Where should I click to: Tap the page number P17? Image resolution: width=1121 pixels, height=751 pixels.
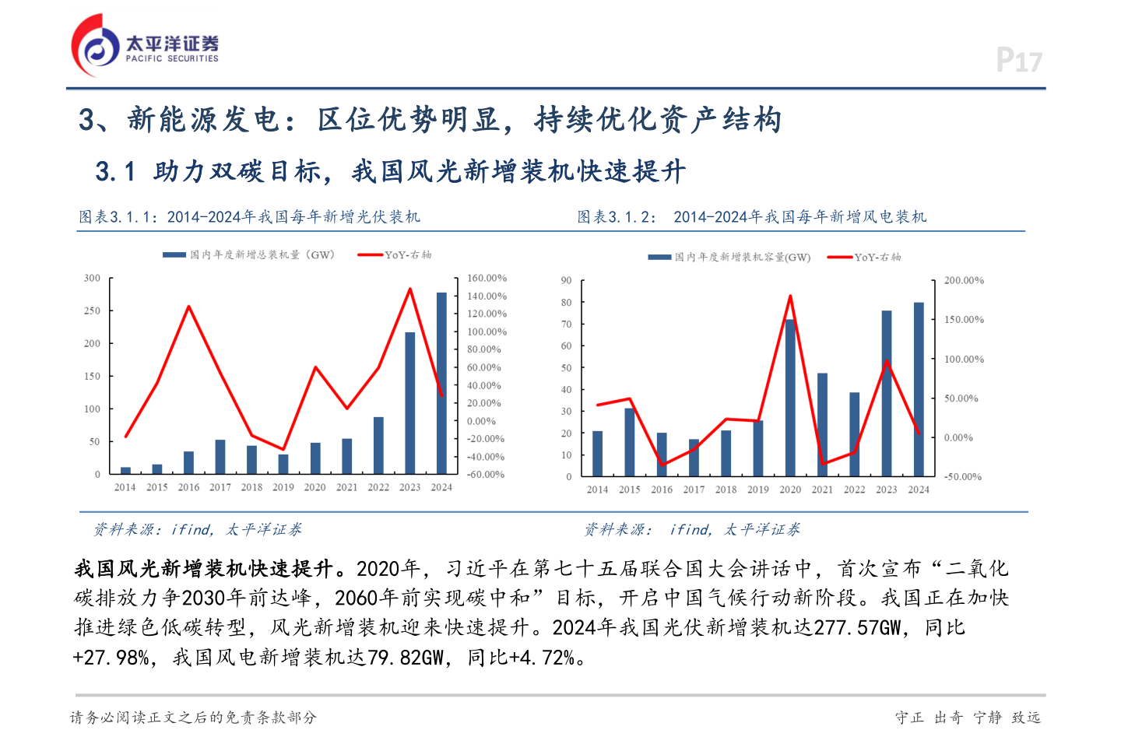(1018, 60)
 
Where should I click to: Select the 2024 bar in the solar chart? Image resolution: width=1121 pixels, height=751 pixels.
(441, 383)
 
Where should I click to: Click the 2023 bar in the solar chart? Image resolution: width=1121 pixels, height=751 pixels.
(409, 403)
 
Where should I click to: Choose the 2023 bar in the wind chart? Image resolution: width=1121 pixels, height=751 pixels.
(887, 393)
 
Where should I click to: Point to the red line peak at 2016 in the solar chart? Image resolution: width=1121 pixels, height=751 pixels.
(188, 307)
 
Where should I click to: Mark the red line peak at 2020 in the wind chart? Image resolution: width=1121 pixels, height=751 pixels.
(790, 297)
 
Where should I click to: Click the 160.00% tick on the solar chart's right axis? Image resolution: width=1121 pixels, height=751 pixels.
(487, 278)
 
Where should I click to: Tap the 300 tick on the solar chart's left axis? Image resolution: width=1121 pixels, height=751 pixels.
(93, 278)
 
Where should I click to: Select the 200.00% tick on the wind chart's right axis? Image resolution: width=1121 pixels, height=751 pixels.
(964, 280)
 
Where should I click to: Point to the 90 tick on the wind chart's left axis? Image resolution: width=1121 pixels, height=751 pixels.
(566, 280)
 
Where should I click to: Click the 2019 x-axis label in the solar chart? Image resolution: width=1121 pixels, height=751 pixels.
(283, 487)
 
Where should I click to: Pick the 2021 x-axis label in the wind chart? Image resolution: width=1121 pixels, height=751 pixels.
(822, 490)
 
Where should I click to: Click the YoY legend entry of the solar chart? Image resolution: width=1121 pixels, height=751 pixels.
(395, 254)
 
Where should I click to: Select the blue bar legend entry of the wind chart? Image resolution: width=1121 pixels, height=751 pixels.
(729, 257)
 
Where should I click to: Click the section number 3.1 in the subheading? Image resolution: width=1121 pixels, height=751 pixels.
(115, 171)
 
